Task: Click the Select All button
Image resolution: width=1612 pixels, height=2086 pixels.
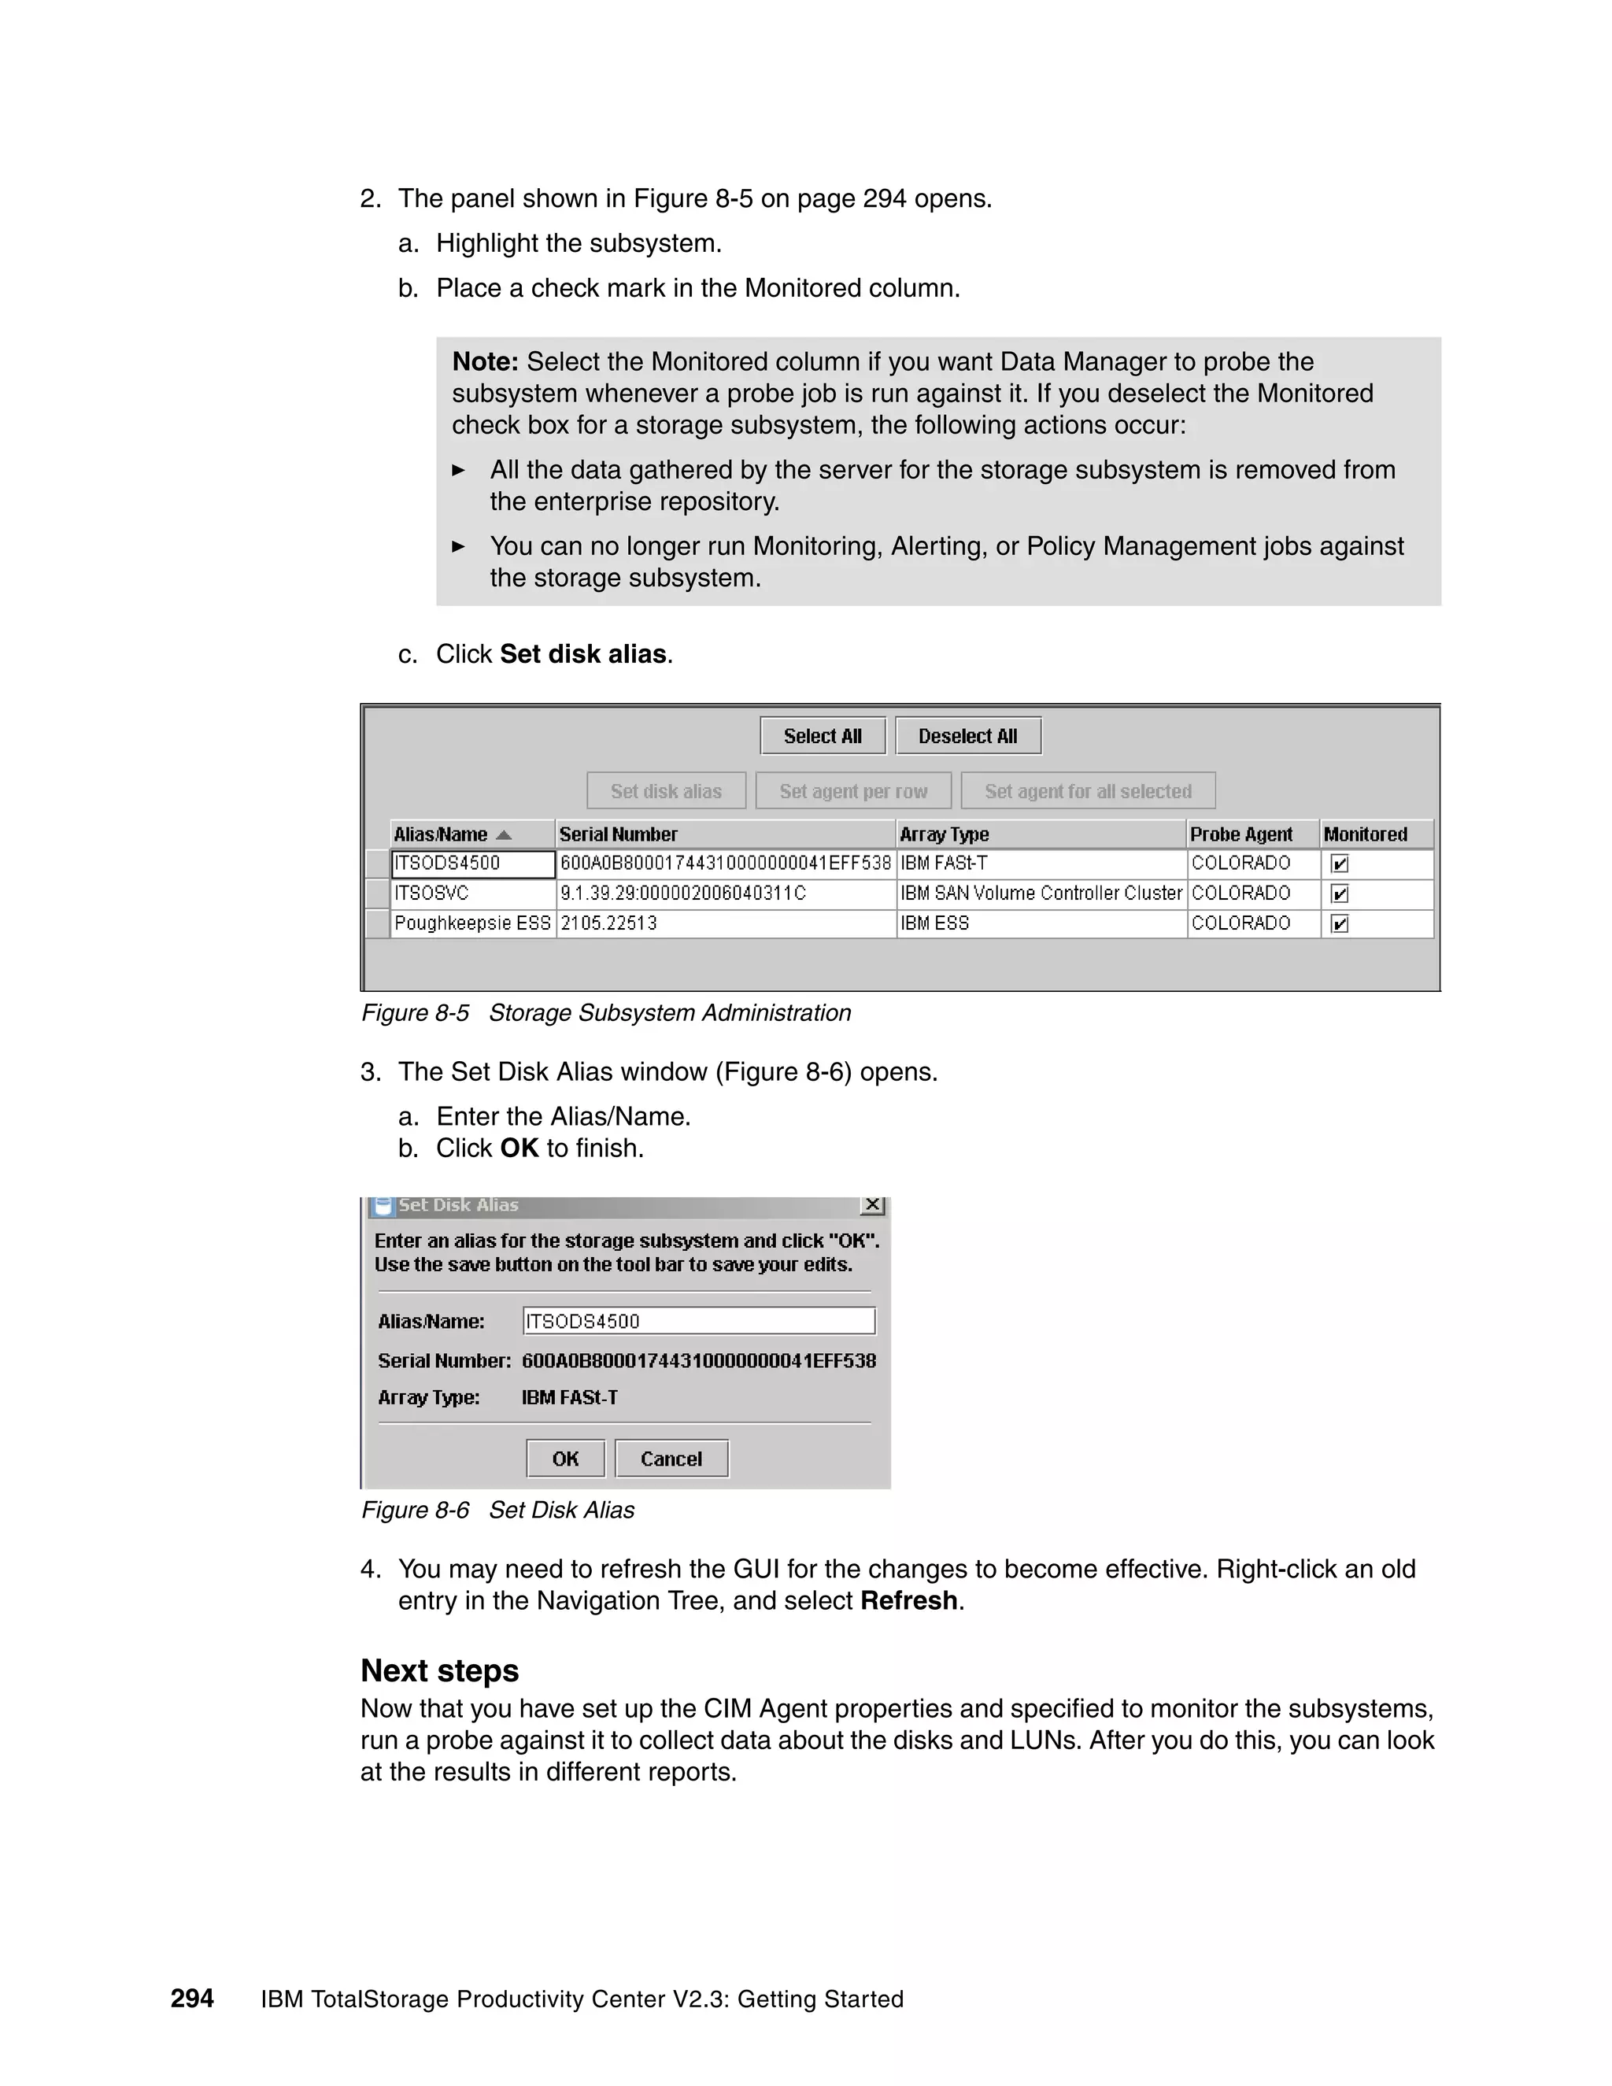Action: coord(823,735)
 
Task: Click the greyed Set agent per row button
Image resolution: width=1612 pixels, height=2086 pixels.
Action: coord(852,791)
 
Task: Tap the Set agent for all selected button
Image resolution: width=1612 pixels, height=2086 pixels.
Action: coord(1088,791)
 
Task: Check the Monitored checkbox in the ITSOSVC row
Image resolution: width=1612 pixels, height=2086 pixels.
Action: coord(1339,894)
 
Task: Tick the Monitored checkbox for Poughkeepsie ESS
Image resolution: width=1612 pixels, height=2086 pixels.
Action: coord(1339,923)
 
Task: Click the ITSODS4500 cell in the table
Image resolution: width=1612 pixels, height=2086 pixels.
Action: coord(473,864)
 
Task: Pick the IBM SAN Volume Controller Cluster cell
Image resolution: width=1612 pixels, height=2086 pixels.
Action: coord(1041,893)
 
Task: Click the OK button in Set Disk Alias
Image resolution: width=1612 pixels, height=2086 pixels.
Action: coord(565,1459)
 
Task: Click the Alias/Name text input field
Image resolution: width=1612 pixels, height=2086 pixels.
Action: coord(699,1321)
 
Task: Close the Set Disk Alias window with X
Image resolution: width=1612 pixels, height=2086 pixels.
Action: coord(872,1205)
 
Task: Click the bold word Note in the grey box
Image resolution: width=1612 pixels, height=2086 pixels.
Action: coord(484,362)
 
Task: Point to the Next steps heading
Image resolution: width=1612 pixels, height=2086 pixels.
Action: coord(439,1670)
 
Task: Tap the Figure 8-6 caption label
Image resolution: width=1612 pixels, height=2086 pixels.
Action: coord(415,1510)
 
